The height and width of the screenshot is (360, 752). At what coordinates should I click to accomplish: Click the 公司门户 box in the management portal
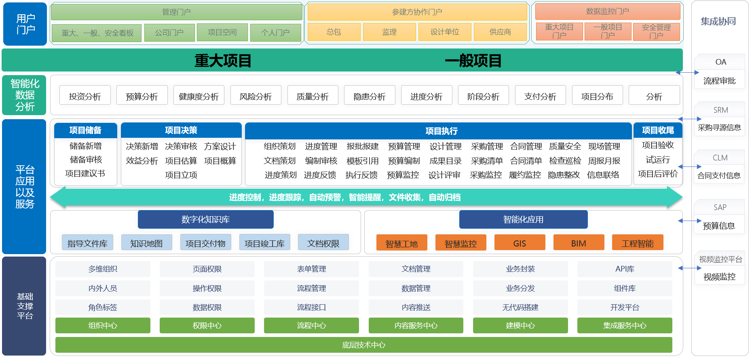tap(169, 33)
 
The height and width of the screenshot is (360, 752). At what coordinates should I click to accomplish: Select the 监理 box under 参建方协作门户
tap(389, 32)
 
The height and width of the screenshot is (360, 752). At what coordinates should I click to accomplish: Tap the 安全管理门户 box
tap(656, 32)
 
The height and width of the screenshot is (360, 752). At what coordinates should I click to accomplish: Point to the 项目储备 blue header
tap(85, 130)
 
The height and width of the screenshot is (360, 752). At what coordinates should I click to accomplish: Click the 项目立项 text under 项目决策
tap(181, 175)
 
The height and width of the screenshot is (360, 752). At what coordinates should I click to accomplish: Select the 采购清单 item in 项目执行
tap(487, 161)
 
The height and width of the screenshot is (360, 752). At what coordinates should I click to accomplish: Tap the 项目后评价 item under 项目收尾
tap(658, 174)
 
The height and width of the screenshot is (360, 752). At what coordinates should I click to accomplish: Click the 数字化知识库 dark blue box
tap(206, 219)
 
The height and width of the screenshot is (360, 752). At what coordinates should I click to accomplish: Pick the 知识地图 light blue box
tap(146, 243)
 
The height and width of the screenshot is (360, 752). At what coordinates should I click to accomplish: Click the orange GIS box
tap(520, 243)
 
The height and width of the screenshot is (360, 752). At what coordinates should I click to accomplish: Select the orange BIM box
tap(579, 243)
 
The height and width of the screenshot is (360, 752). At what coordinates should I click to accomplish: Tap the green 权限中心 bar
tap(207, 325)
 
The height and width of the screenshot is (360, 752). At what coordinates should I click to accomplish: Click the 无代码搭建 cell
tap(520, 307)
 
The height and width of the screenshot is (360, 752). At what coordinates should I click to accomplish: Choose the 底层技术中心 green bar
tap(364, 345)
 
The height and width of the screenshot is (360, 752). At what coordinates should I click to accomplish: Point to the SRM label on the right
tap(720, 110)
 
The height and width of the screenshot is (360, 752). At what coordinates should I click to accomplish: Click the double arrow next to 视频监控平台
tap(690, 268)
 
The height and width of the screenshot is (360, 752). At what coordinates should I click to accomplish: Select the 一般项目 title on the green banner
tap(473, 61)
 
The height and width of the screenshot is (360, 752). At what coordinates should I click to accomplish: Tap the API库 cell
tap(625, 269)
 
